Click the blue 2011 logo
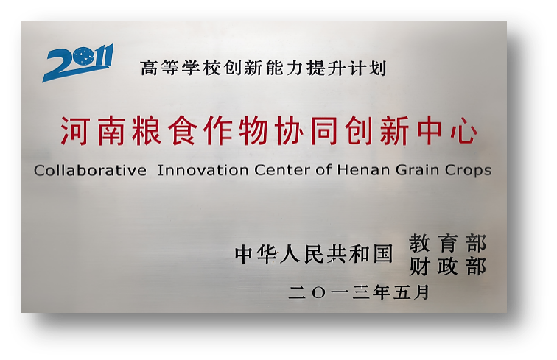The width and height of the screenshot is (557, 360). tap(77, 62)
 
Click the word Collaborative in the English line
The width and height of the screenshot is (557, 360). tap(90, 170)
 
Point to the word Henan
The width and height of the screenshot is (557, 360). tap(360, 170)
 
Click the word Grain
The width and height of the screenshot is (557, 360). tap(415, 170)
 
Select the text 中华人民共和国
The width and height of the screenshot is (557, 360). tap(314, 255)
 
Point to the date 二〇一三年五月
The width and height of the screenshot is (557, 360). tap(359, 292)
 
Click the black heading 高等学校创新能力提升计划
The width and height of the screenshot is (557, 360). tap(263, 68)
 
